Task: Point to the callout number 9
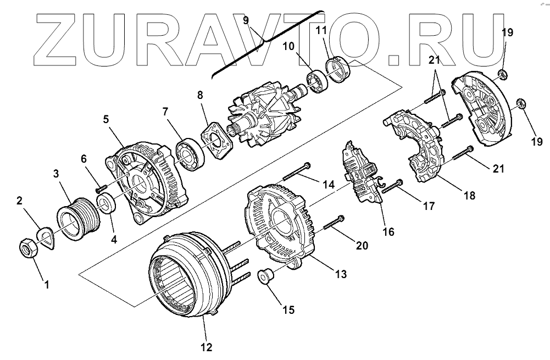coord(246,20)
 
